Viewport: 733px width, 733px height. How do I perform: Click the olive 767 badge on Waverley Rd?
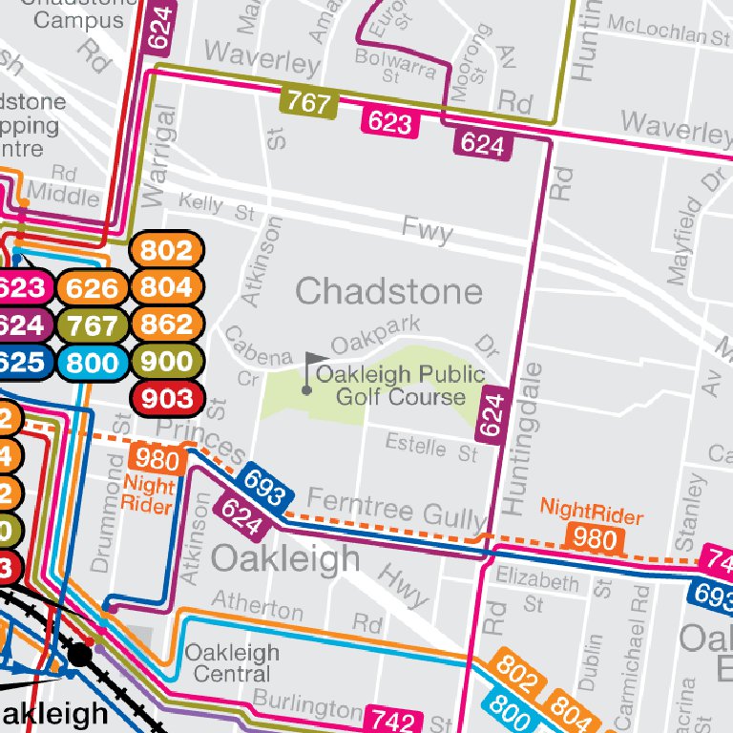pyautogui.click(x=309, y=102)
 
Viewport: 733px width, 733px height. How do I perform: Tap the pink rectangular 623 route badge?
pyautogui.click(x=390, y=121)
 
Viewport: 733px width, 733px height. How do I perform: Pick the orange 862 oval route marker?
pyautogui.click(x=167, y=325)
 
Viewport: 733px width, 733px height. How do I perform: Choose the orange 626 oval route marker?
pyautogui.click(x=93, y=288)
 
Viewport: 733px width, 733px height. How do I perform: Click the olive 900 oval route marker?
pyautogui.click(x=167, y=361)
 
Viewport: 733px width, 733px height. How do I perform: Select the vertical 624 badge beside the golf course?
pyautogui.click(x=491, y=416)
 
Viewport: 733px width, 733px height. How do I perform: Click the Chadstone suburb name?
pyautogui.click(x=388, y=290)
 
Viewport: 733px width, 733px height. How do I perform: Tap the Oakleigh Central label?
pyautogui.click(x=232, y=663)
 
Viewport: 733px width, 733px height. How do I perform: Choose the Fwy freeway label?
pyautogui.click(x=427, y=230)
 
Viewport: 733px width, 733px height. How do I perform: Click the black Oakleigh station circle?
pyautogui.click(x=80, y=656)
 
